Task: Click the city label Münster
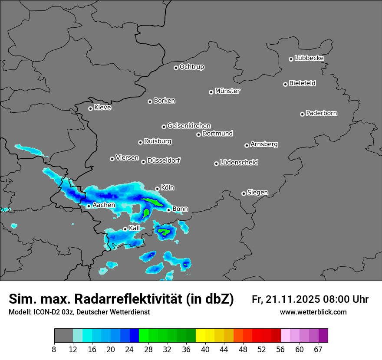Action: [227, 91]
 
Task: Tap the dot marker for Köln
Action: [157, 189]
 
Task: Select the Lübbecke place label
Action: [309, 58]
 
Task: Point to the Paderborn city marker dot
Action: [302, 114]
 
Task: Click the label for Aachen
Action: [104, 205]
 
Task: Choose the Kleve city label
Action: [103, 108]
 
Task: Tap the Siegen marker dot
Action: [244, 193]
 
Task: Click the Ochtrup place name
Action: [192, 67]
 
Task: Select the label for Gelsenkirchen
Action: [189, 126]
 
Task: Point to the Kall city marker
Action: [125, 229]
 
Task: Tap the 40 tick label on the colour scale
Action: [205, 350]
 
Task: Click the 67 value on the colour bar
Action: [318, 350]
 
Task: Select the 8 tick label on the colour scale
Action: [54, 350]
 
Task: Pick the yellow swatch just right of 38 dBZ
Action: [200, 336]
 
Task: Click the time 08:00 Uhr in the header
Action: [346, 299]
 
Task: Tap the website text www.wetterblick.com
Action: [313, 312]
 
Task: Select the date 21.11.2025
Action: [293, 299]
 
